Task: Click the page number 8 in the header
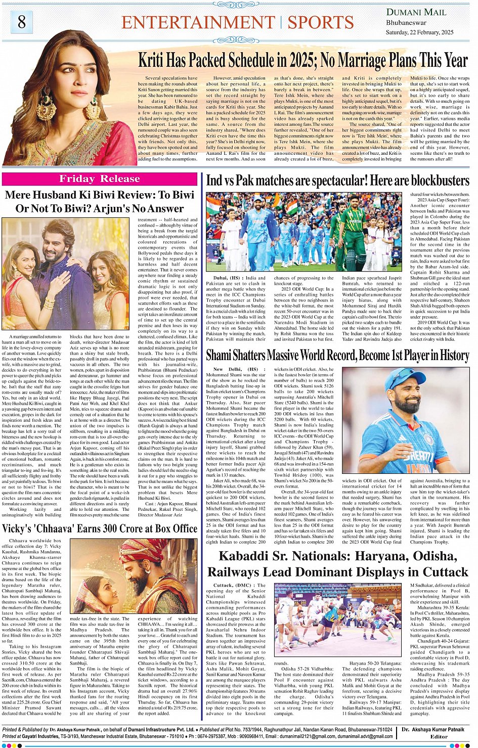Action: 21,22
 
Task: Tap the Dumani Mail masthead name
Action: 416,12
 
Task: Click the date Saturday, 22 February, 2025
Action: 419,32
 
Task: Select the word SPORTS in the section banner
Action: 320,22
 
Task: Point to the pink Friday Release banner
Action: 99,179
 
